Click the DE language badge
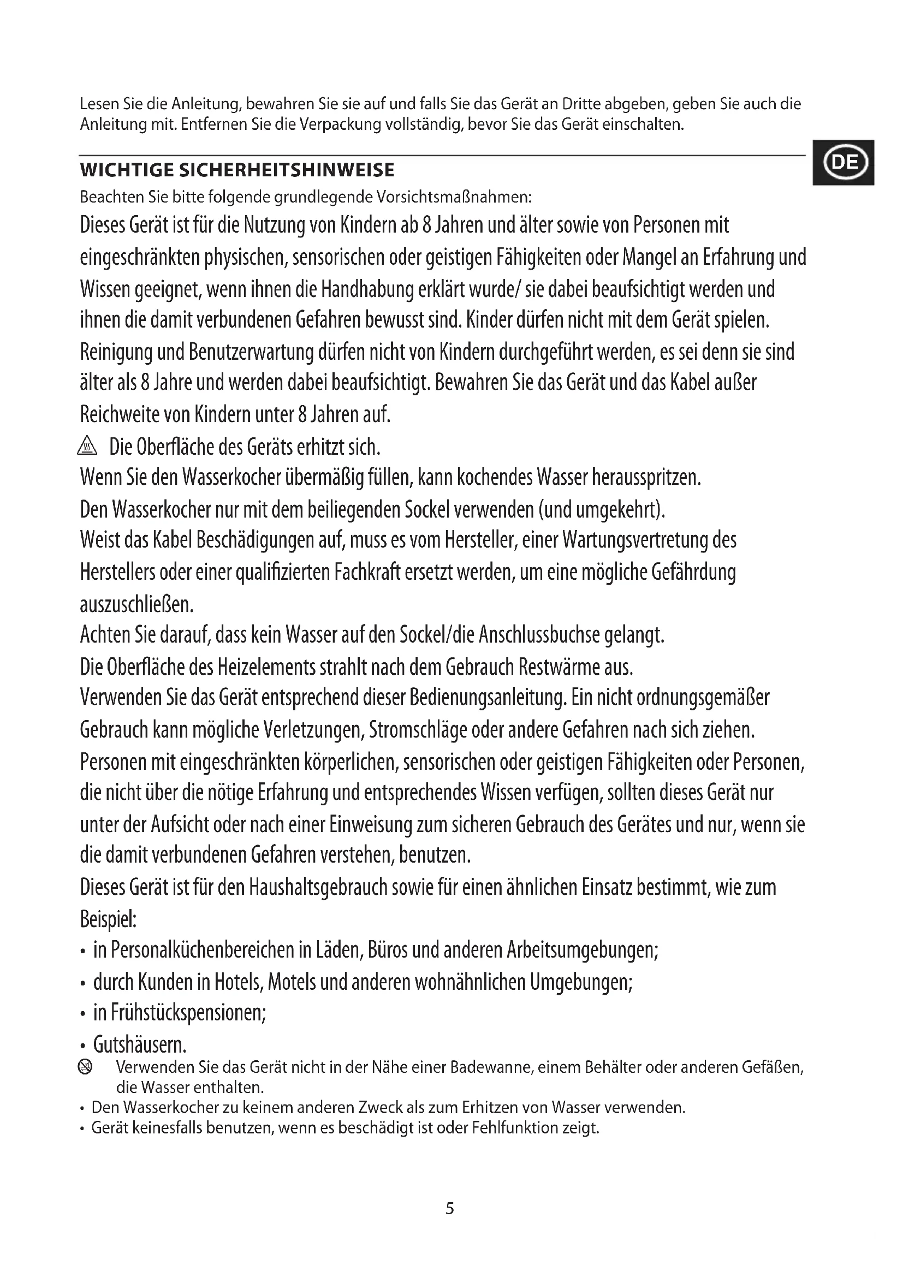tap(843, 162)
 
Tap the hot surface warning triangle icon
tap(88, 446)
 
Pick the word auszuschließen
tap(136, 604)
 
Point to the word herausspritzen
tap(645, 477)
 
